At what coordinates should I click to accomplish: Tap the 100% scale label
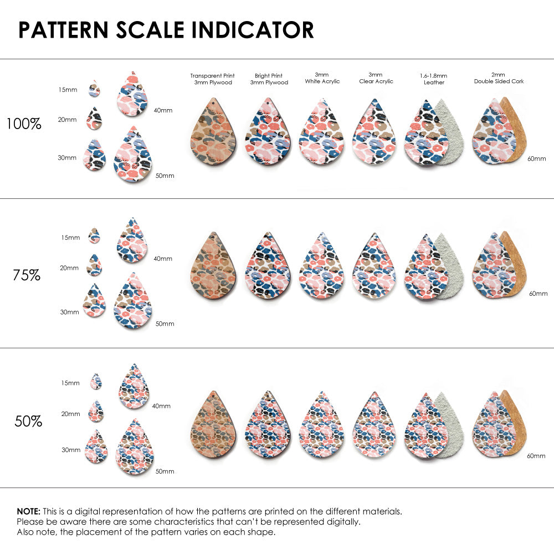pos(24,124)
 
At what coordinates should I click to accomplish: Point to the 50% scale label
pos(28,421)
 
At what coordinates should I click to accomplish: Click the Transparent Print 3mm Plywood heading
pos(212,79)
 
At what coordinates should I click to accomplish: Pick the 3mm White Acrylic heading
pos(322,78)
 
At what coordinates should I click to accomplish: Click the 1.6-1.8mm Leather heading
pos(434,79)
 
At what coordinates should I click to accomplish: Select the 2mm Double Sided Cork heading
pos(499,78)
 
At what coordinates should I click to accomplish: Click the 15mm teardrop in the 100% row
pos(95,89)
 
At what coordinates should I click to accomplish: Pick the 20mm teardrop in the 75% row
pos(94,265)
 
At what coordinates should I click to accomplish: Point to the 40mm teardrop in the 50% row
pos(134,387)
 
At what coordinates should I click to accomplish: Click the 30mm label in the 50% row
pos(70,450)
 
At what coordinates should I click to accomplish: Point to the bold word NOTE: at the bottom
pos(28,511)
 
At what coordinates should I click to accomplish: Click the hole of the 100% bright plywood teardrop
pos(269,104)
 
